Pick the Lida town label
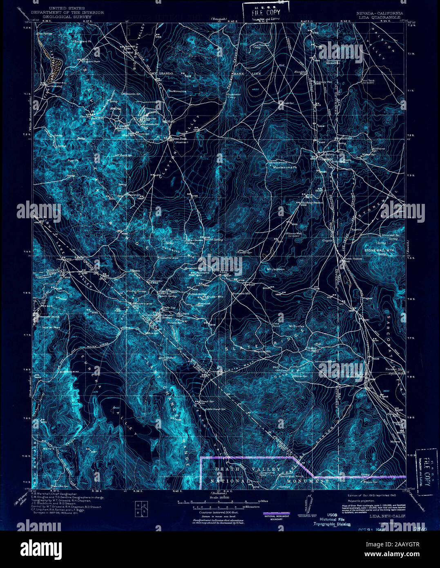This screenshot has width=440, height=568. tap(223, 272)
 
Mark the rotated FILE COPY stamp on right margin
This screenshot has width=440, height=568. tap(426, 468)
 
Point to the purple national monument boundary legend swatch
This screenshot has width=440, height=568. tap(277, 513)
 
